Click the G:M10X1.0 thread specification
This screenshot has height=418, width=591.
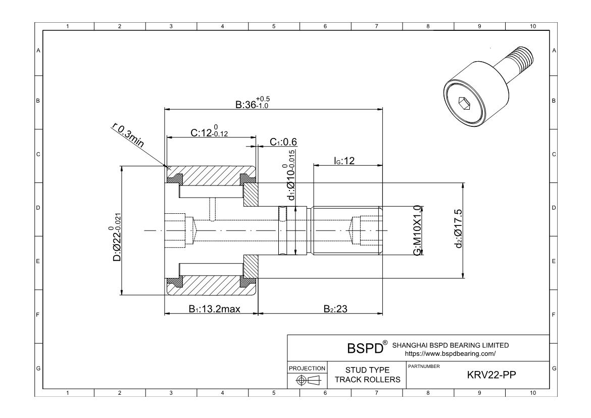417,230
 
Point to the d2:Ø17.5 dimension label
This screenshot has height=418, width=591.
459,230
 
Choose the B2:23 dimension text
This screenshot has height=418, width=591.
335,309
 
